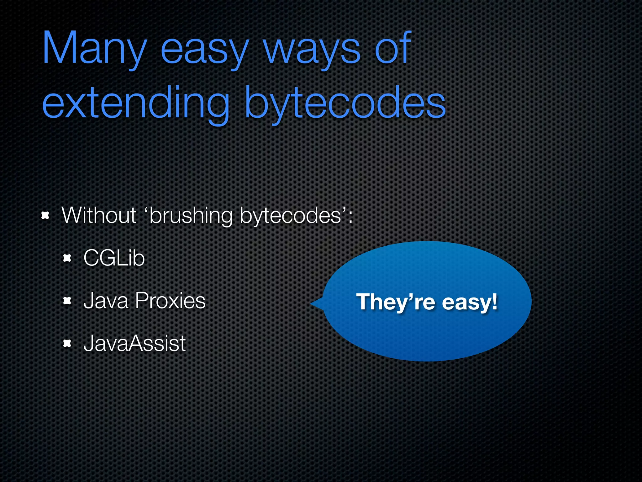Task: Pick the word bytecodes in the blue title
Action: tap(345, 104)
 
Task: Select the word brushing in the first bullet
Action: tap(191, 216)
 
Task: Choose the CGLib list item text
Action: tap(114, 258)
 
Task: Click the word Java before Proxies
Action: tap(106, 301)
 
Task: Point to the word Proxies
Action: tap(170, 301)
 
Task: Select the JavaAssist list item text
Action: tap(135, 343)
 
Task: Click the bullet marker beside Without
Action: tap(46, 216)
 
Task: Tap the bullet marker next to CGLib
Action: tap(67, 258)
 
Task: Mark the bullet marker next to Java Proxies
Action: tap(67, 301)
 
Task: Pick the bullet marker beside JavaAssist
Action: tap(67, 343)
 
